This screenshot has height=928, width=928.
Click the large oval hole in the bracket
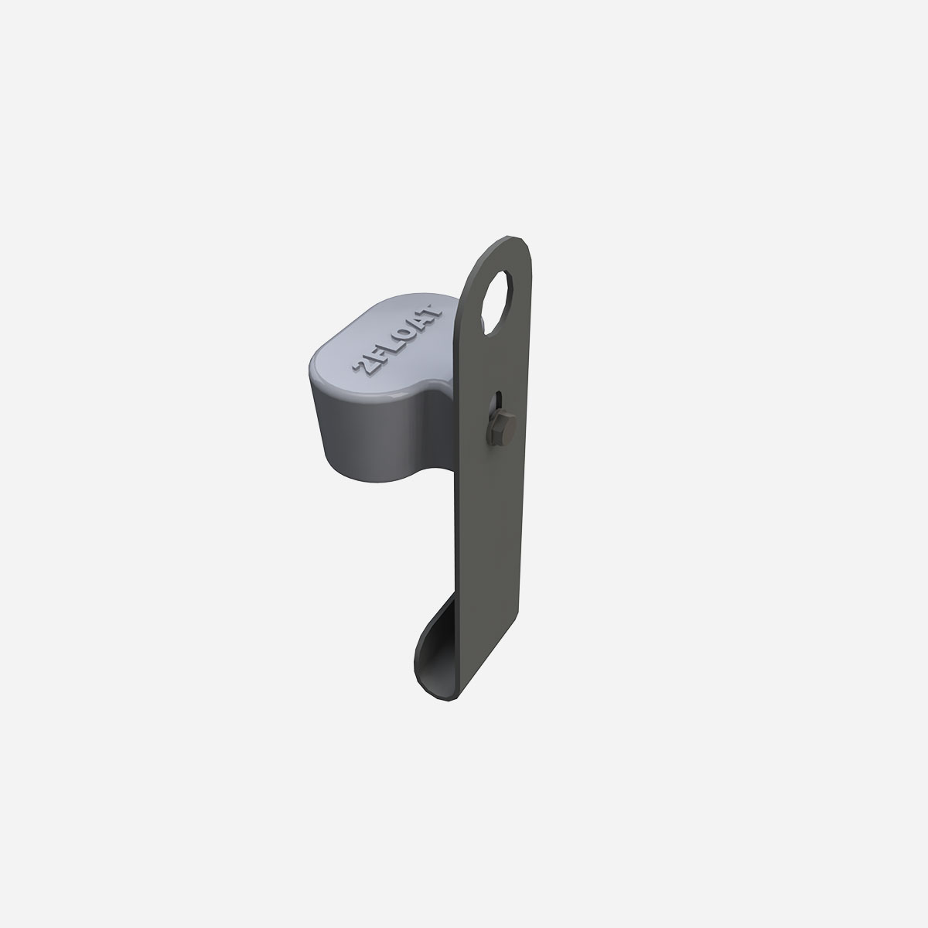(497, 302)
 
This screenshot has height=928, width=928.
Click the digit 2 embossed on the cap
(362, 367)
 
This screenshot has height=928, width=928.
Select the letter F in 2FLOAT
(377, 357)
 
